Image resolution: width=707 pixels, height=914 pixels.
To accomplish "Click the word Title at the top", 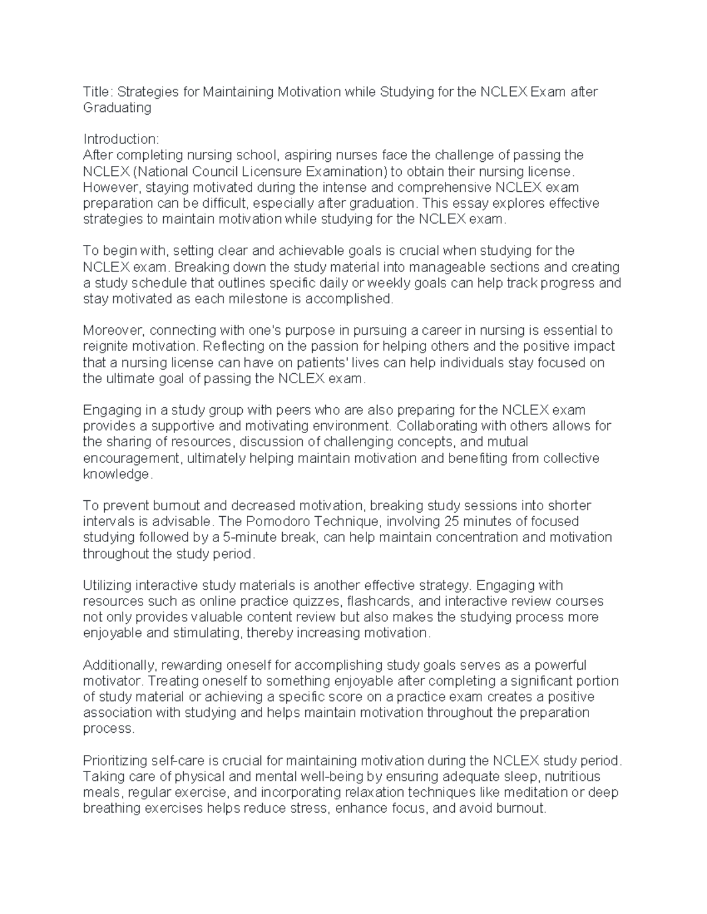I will coord(96,92).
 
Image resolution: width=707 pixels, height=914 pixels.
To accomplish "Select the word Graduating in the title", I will coord(117,108).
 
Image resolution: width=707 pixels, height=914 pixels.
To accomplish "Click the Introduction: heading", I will coord(121,139).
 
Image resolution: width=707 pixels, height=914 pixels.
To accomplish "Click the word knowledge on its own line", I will coord(116,474).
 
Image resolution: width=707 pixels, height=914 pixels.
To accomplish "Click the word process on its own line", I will coord(108,729).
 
